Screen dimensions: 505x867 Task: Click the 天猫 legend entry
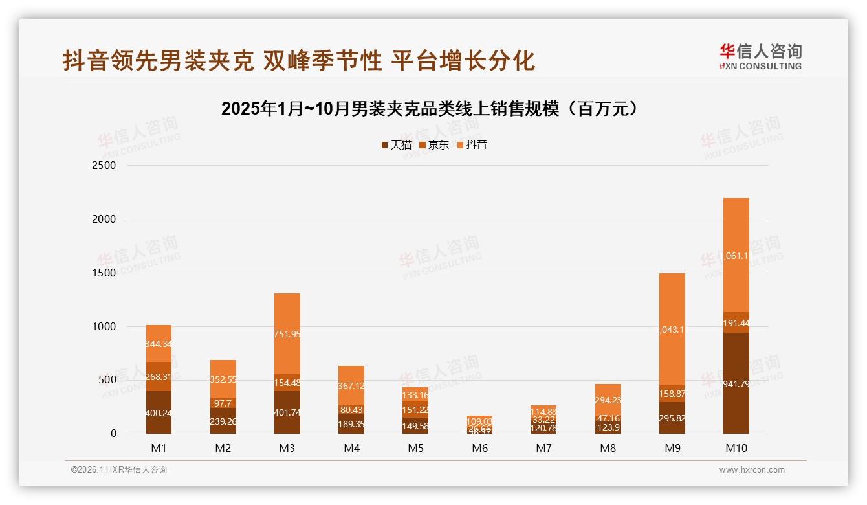click(396, 145)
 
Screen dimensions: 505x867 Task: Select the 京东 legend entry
click(433, 145)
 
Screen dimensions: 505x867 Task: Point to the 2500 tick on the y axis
click(104, 166)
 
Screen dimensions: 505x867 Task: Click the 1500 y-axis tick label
click(104, 273)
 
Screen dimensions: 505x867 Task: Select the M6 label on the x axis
click(479, 448)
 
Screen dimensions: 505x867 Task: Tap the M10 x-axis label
click(736, 448)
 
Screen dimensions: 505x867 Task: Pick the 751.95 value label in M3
click(287, 334)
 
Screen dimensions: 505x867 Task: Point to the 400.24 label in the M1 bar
click(159, 412)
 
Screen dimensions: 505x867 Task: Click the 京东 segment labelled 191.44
click(736, 322)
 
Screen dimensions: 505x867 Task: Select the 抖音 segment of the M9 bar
click(672, 329)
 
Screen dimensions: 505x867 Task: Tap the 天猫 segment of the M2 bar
click(223, 421)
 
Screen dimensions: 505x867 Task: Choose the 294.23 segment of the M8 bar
click(608, 400)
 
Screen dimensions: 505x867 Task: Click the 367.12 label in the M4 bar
click(351, 385)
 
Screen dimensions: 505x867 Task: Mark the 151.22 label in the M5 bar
click(415, 409)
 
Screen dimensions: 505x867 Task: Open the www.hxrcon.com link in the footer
click(752, 470)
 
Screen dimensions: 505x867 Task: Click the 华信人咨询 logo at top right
click(760, 56)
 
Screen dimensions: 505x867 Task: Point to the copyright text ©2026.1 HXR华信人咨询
click(118, 470)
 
